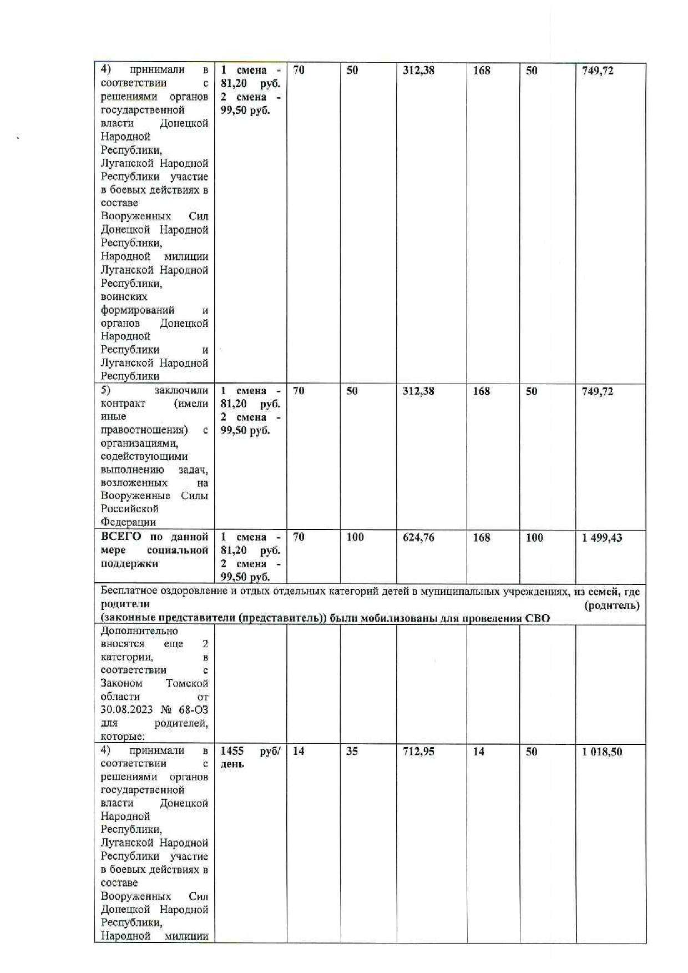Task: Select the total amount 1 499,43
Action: tap(602, 538)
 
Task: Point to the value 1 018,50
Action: tap(602, 752)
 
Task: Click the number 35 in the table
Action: tap(352, 752)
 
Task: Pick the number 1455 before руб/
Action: tap(232, 751)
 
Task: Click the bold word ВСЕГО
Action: tap(122, 537)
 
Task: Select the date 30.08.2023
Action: tap(128, 710)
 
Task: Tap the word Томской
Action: tap(187, 683)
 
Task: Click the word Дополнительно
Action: tap(139, 631)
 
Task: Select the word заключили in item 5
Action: tap(181, 390)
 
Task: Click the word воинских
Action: tap(124, 297)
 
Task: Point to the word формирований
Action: tap(138, 310)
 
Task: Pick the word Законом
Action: tap(122, 683)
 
